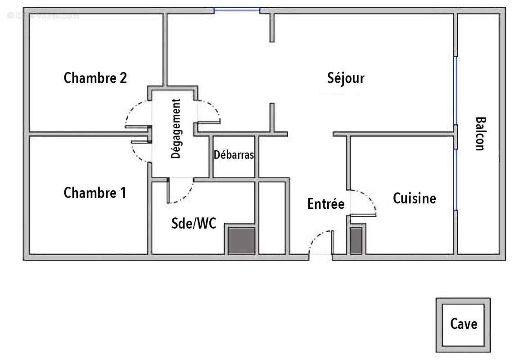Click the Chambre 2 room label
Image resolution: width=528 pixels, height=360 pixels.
pos(95,78)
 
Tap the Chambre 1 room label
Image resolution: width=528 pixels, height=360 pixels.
pos(95,193)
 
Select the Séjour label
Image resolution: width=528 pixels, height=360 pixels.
pos(346,78)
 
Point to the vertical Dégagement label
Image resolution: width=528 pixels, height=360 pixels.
pos(176,129)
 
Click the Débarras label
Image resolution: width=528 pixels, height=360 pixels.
pos(234,155)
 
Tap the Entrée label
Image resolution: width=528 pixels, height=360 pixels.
pos(326,204)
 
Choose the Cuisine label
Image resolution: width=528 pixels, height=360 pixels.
pos(415,198)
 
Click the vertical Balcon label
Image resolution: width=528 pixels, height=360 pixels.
pos(480,134)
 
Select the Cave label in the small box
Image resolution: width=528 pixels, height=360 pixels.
pos(464,324)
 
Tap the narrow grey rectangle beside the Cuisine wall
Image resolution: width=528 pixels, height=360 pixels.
pos(357,240)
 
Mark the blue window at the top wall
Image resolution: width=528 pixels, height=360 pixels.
pos(237,9)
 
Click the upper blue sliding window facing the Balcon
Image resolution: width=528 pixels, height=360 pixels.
pos(455,90)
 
